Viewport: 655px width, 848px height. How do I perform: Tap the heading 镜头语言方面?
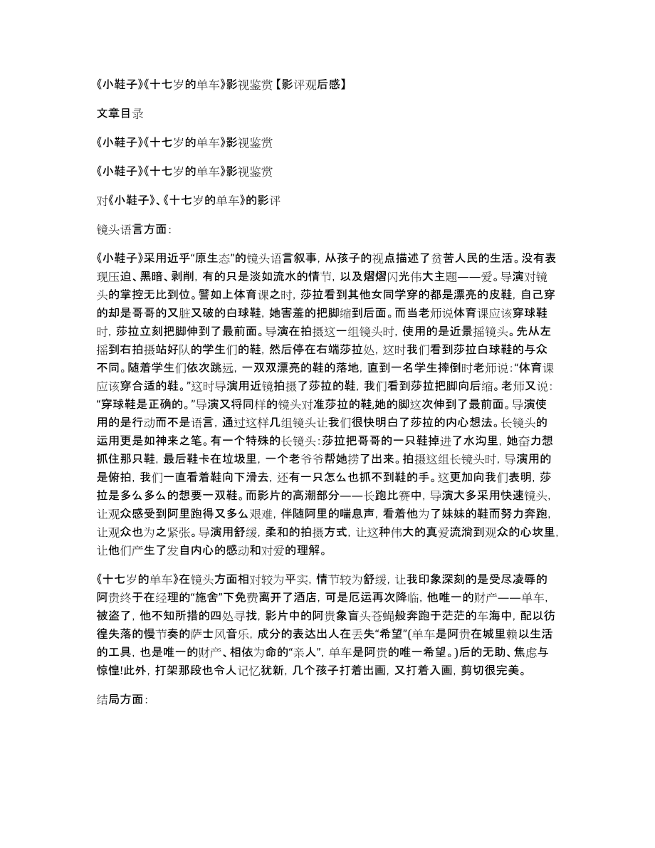[133, 229]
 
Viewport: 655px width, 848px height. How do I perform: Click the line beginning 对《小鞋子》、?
[188, 200]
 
